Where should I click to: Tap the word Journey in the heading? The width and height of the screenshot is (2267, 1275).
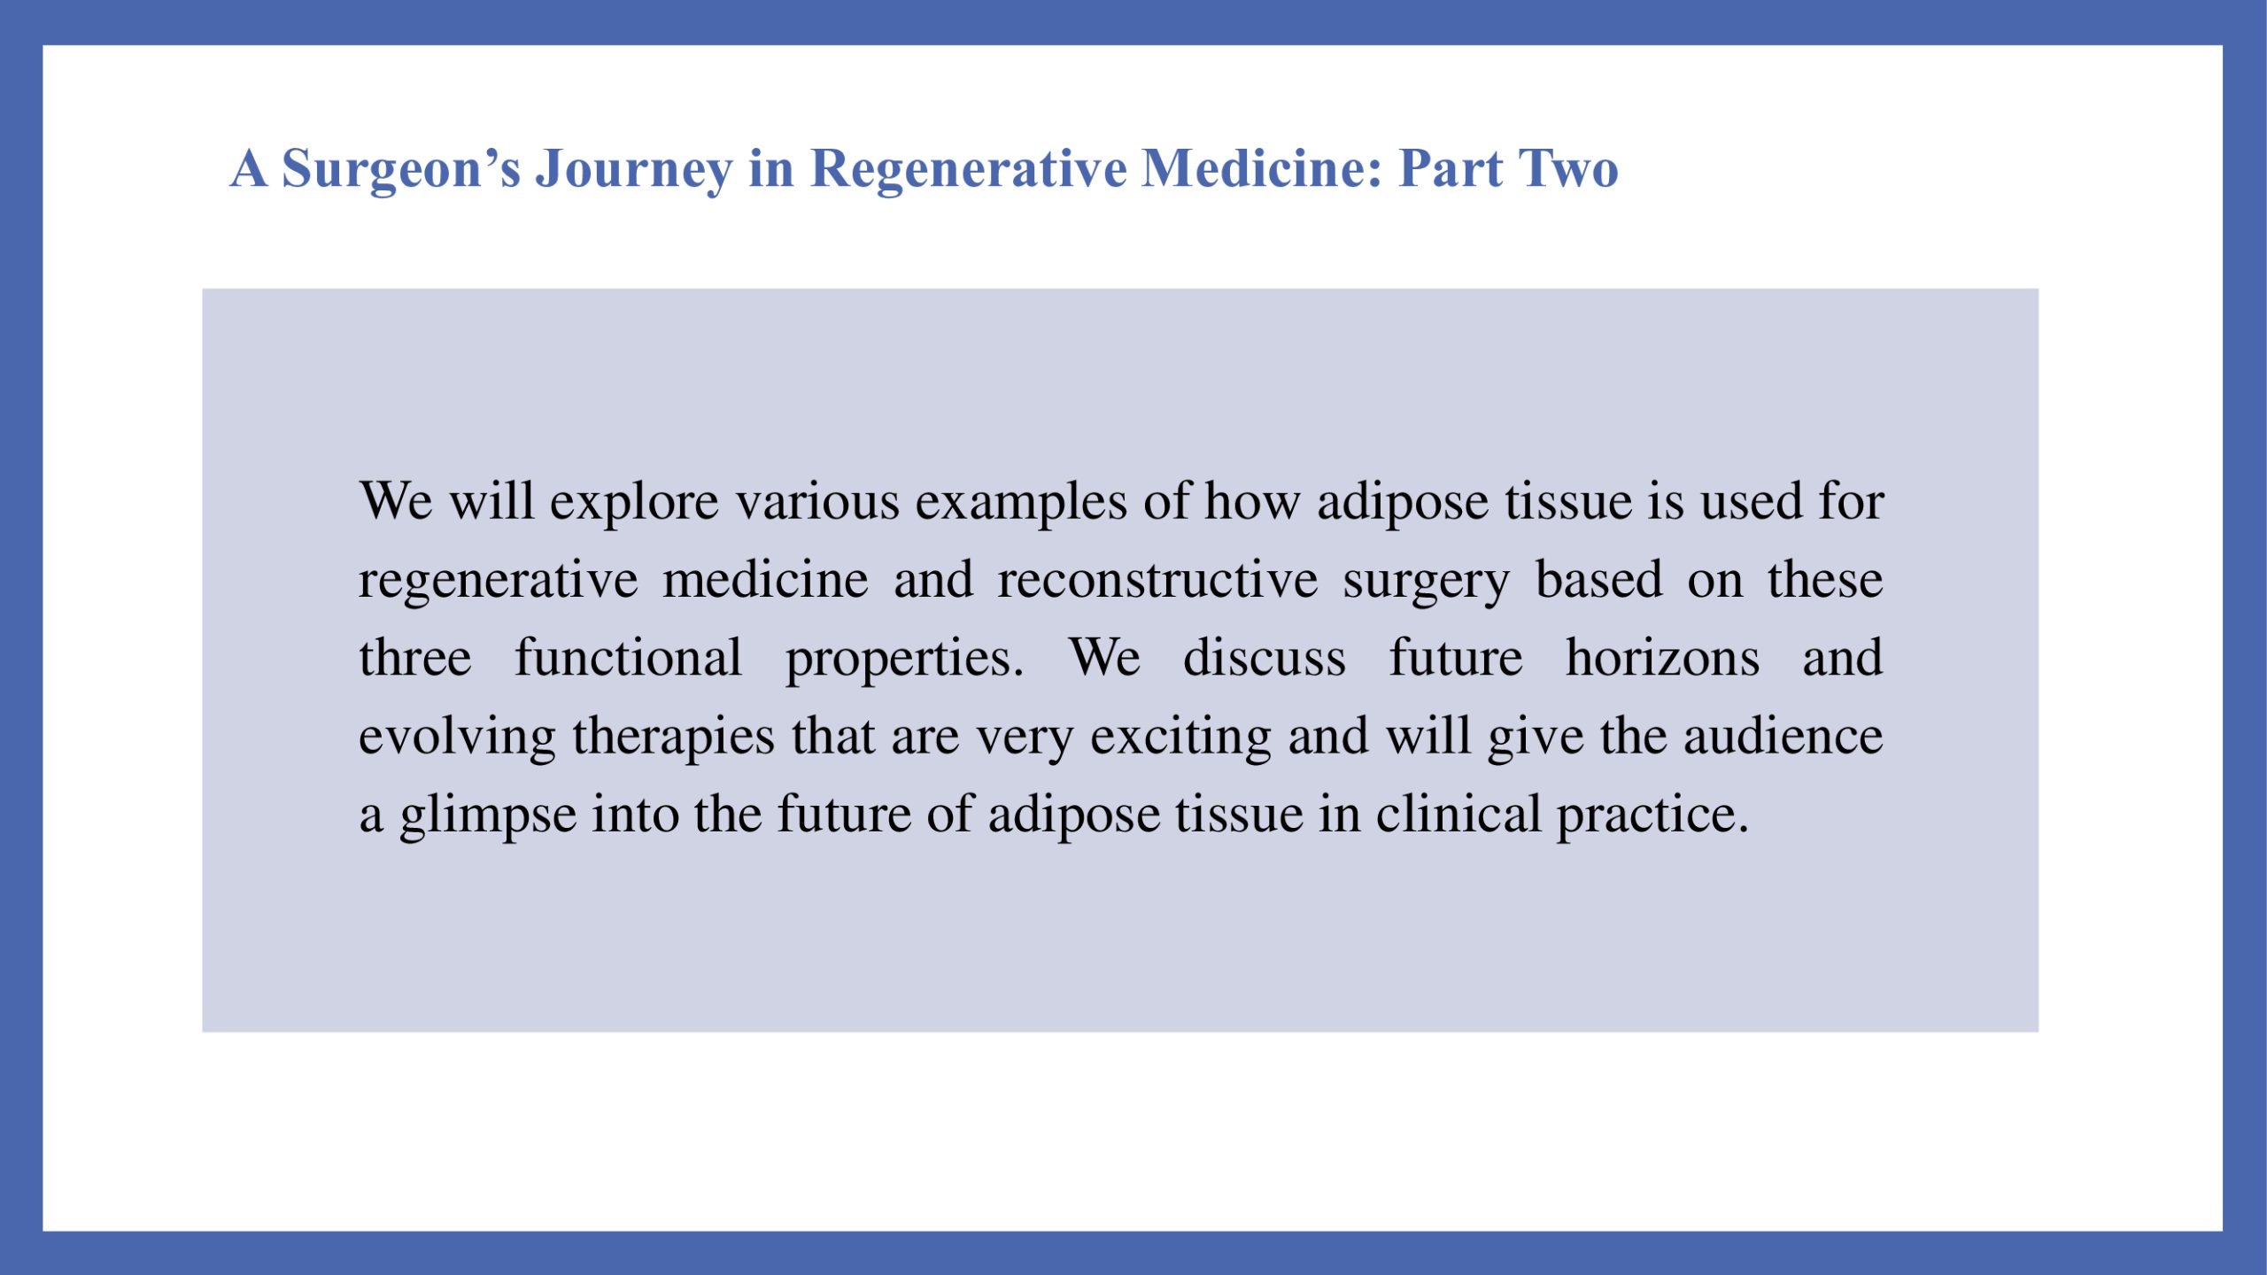point(634,169)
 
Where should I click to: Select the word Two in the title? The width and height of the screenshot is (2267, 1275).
point(1568,168)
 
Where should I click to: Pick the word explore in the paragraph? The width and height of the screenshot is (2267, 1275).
point(634,503)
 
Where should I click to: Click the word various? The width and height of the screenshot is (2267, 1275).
point(818,501)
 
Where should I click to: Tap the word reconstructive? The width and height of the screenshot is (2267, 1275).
point(1157,580)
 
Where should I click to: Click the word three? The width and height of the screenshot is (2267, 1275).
point(415,658)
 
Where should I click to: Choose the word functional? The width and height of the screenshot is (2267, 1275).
point(629,658)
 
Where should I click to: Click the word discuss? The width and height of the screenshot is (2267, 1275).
point(1265,658)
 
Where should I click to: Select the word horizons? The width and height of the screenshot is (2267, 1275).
point(1662,658)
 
